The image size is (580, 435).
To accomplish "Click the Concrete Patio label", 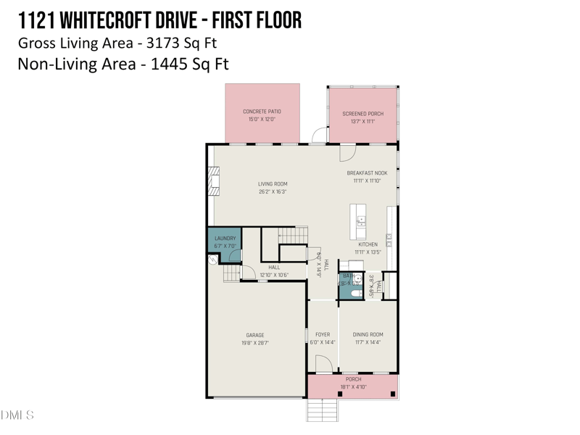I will click(x=262, y=112).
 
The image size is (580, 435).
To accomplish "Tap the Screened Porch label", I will click(x=362, y=114).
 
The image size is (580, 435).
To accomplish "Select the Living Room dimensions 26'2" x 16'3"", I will click(x=273, y=192).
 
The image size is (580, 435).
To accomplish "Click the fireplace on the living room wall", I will click(x=213, y=181).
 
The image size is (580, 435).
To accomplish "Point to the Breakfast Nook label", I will click(x=367, y=173).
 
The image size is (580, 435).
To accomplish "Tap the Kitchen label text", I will click(x=368, y=245).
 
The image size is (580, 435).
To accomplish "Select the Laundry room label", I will click(x=225, y=239).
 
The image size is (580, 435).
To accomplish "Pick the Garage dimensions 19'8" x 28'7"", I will click(x=254, y=343).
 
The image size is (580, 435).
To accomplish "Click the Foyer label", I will click(x=323, y=335).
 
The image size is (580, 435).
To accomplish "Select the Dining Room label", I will click(x=368, y=335).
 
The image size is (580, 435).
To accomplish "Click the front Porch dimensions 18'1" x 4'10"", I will click(x=353, y=387).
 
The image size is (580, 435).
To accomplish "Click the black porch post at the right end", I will click(x=392, y=394).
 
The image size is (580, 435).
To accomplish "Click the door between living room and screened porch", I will click(x=346, y=153).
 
